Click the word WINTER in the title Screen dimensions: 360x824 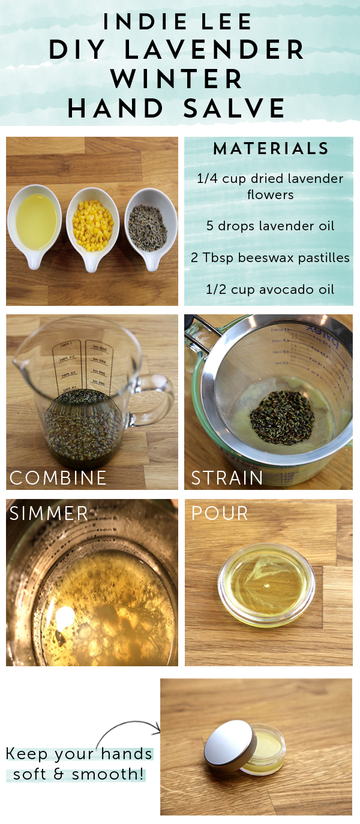[x=176, y=79]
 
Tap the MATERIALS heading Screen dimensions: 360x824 [x=271, y=149]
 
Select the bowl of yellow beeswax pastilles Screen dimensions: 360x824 [x=92, y=228]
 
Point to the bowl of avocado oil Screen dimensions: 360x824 [x=35, y=225]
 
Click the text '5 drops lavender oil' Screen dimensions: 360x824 [x=271, y=225]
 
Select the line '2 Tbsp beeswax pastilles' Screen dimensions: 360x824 [x=270, y=257]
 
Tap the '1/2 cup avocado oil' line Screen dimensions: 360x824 [x=270, y=289]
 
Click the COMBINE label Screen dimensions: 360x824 [x=58, y=478]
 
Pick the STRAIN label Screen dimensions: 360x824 [x=227, y=478]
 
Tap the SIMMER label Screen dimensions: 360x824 [x=49, y=513]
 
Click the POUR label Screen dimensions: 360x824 [x=220, y=513]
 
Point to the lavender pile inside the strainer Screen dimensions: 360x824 [x=283, y=417]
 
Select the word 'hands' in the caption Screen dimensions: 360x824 [x=127, y=754]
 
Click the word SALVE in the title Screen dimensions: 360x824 [x=234, y=108]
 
